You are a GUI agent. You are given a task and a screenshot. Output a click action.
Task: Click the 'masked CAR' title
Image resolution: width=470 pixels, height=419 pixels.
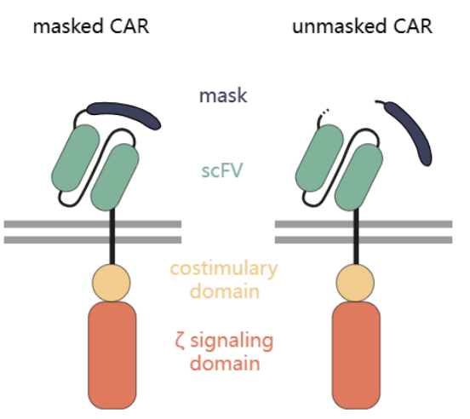click(91, 26)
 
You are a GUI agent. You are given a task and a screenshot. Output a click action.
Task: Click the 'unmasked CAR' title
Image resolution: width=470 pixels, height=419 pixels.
click(363, 26)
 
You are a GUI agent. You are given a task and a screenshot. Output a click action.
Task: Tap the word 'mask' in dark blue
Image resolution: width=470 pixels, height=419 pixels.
click(223, 95)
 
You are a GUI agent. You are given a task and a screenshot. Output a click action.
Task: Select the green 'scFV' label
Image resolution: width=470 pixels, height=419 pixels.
click(222, 170)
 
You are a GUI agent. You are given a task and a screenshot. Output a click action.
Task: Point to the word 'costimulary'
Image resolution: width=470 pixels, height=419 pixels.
click(224, 269)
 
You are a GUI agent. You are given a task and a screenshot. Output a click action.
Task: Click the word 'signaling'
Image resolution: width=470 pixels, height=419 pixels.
click(232, 342)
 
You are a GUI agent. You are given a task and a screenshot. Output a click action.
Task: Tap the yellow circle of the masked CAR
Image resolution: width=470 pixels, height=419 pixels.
click(112, 283)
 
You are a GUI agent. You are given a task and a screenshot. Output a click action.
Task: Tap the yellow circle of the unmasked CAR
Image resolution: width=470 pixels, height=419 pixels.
click(355, 283)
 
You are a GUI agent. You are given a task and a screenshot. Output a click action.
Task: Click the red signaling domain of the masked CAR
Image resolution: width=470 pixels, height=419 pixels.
click(112, 355)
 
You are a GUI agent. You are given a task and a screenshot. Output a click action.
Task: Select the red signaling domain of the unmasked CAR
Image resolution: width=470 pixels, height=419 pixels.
click(356, 355)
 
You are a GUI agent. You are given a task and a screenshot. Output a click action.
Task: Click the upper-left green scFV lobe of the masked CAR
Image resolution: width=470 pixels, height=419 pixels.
click(76, 158)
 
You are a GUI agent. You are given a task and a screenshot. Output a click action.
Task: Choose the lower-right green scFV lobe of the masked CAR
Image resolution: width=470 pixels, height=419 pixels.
click(115, 177)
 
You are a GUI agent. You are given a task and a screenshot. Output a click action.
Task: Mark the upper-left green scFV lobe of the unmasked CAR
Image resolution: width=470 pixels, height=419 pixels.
click(319, 158)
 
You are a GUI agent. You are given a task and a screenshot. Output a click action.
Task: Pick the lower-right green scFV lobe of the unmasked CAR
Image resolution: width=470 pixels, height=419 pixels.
click(358, 177)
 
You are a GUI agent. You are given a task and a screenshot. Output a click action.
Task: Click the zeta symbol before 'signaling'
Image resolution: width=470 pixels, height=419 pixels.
click(180, 342)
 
